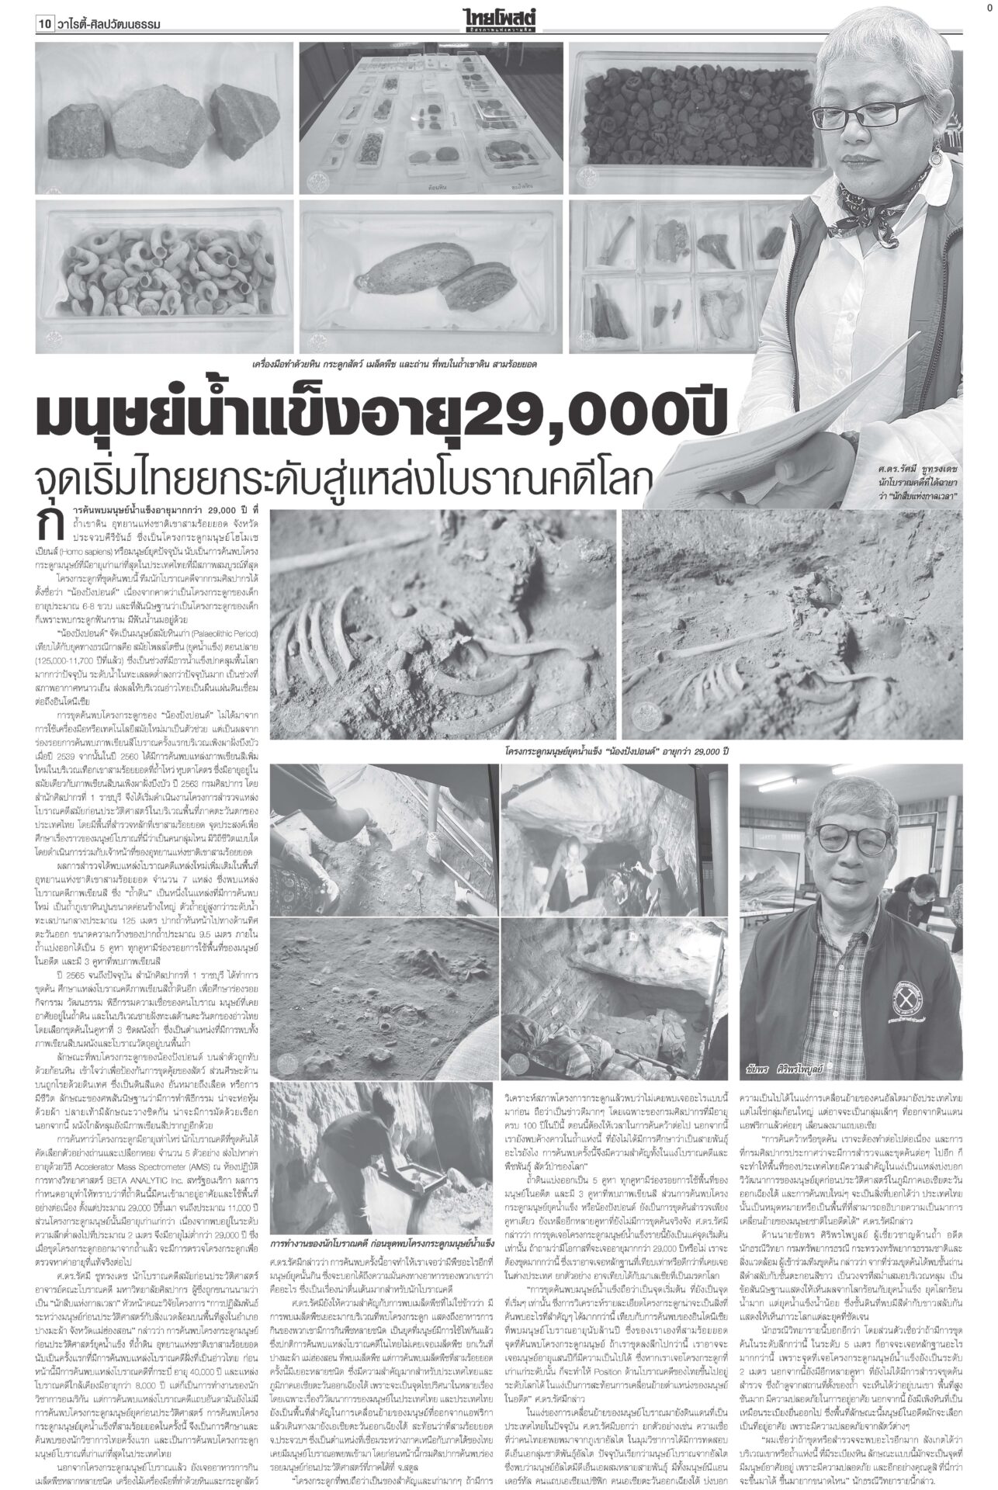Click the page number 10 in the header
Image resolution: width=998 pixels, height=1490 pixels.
pos(44,25)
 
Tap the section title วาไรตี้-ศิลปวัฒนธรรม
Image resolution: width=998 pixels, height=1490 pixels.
pos(110,25)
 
